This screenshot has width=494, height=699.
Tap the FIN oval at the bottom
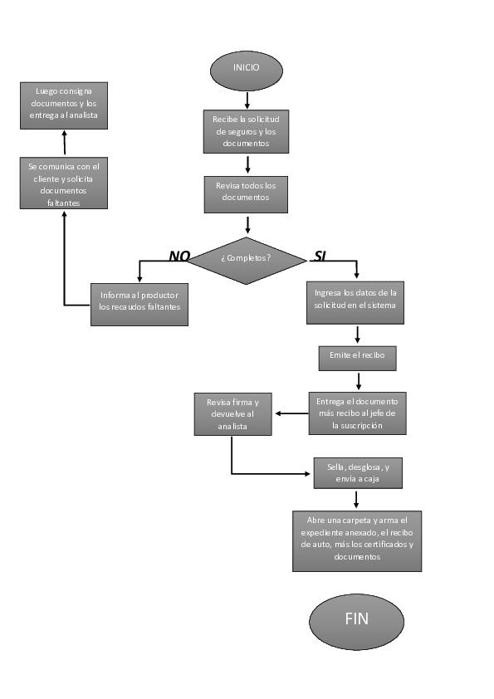356,620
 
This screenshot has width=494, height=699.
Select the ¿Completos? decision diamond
247,258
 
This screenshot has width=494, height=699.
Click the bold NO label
179,256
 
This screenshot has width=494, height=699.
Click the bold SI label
320,256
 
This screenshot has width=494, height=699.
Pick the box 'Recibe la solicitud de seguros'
247,131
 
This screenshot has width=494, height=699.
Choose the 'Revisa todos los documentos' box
247,193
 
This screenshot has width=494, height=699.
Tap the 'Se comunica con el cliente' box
64,183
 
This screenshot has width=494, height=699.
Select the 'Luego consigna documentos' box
64,105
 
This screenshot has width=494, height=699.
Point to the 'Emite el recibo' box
357,358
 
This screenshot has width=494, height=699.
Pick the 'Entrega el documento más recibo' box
357,413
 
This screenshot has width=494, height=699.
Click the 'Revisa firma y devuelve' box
232,413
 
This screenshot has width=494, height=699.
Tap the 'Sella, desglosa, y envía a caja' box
357,473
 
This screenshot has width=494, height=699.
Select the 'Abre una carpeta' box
357,540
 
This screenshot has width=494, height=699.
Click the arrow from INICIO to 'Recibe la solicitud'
247,100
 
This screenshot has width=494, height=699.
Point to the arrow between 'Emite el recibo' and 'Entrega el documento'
358,381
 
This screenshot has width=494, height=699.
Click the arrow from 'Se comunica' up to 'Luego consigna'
64,143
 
